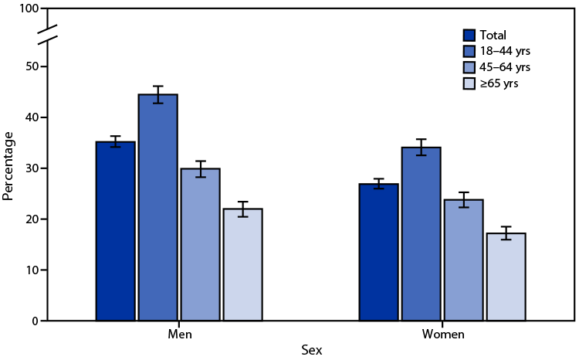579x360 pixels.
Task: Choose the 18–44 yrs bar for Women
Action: click(422, 233)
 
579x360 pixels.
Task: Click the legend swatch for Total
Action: click(469, 35)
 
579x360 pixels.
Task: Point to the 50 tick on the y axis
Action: click(31, 66)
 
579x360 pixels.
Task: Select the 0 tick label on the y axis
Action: click(34, 321)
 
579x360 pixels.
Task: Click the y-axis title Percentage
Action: click(8, 165)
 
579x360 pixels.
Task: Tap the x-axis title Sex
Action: click(311, 350)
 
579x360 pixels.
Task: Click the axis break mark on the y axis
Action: click(47, 35)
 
